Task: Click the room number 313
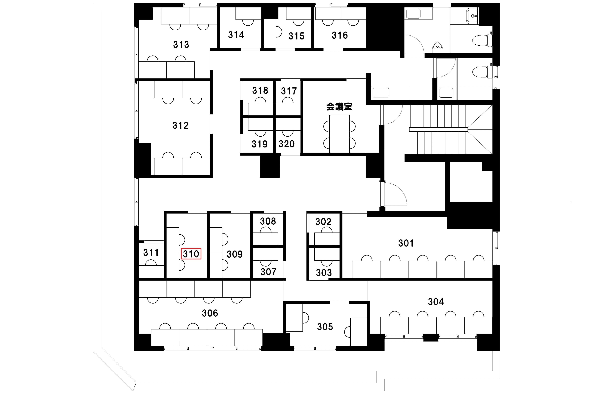pos(181,44)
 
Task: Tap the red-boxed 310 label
pos(191,253)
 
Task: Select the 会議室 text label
pos(339,107)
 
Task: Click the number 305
pos(325,327)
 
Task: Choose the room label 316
pos(340,35)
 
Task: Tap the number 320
pos(286,144)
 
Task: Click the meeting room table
pos(339,134)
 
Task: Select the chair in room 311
pos(151,263)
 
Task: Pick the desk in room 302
pos(327,239)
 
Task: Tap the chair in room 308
pos(266,230)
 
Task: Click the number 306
pos(210,313)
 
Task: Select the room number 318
pos(260,90)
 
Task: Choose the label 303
pos(324,273)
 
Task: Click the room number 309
pos(235,254)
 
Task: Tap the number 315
pos(296,36)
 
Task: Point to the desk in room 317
pos(288,109)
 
